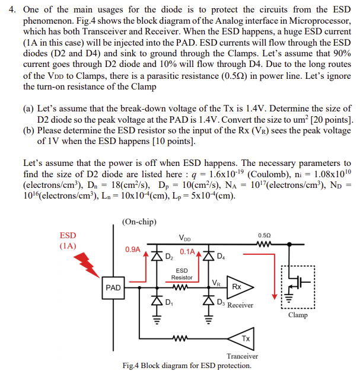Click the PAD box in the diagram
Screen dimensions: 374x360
coord(113,287)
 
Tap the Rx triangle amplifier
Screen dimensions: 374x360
coord(235,286)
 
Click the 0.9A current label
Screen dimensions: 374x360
coord(132,249)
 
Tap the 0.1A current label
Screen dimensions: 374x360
coord(187,251)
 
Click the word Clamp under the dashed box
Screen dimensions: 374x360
coord(298,315)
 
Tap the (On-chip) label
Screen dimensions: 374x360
coord(139,222)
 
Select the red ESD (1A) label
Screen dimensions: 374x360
coord(68,240)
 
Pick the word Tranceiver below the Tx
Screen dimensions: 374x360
coord(243,356)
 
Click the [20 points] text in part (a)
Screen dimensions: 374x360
coord(327,120)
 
